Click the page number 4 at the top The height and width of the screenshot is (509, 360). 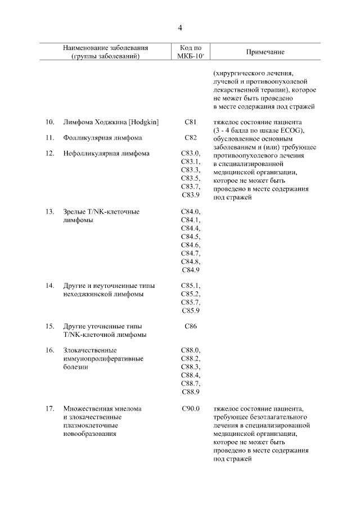tap(180, 27)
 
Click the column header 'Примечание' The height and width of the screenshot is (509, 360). tap(265, 52)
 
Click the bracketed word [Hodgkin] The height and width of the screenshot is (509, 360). tap(144, 122)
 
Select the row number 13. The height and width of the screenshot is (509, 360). tap(49, 212)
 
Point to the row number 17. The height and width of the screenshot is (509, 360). tap(49, 408)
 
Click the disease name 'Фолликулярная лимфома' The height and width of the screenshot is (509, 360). tap(102, 137)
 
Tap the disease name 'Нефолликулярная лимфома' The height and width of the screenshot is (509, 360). tap(106, 153)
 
